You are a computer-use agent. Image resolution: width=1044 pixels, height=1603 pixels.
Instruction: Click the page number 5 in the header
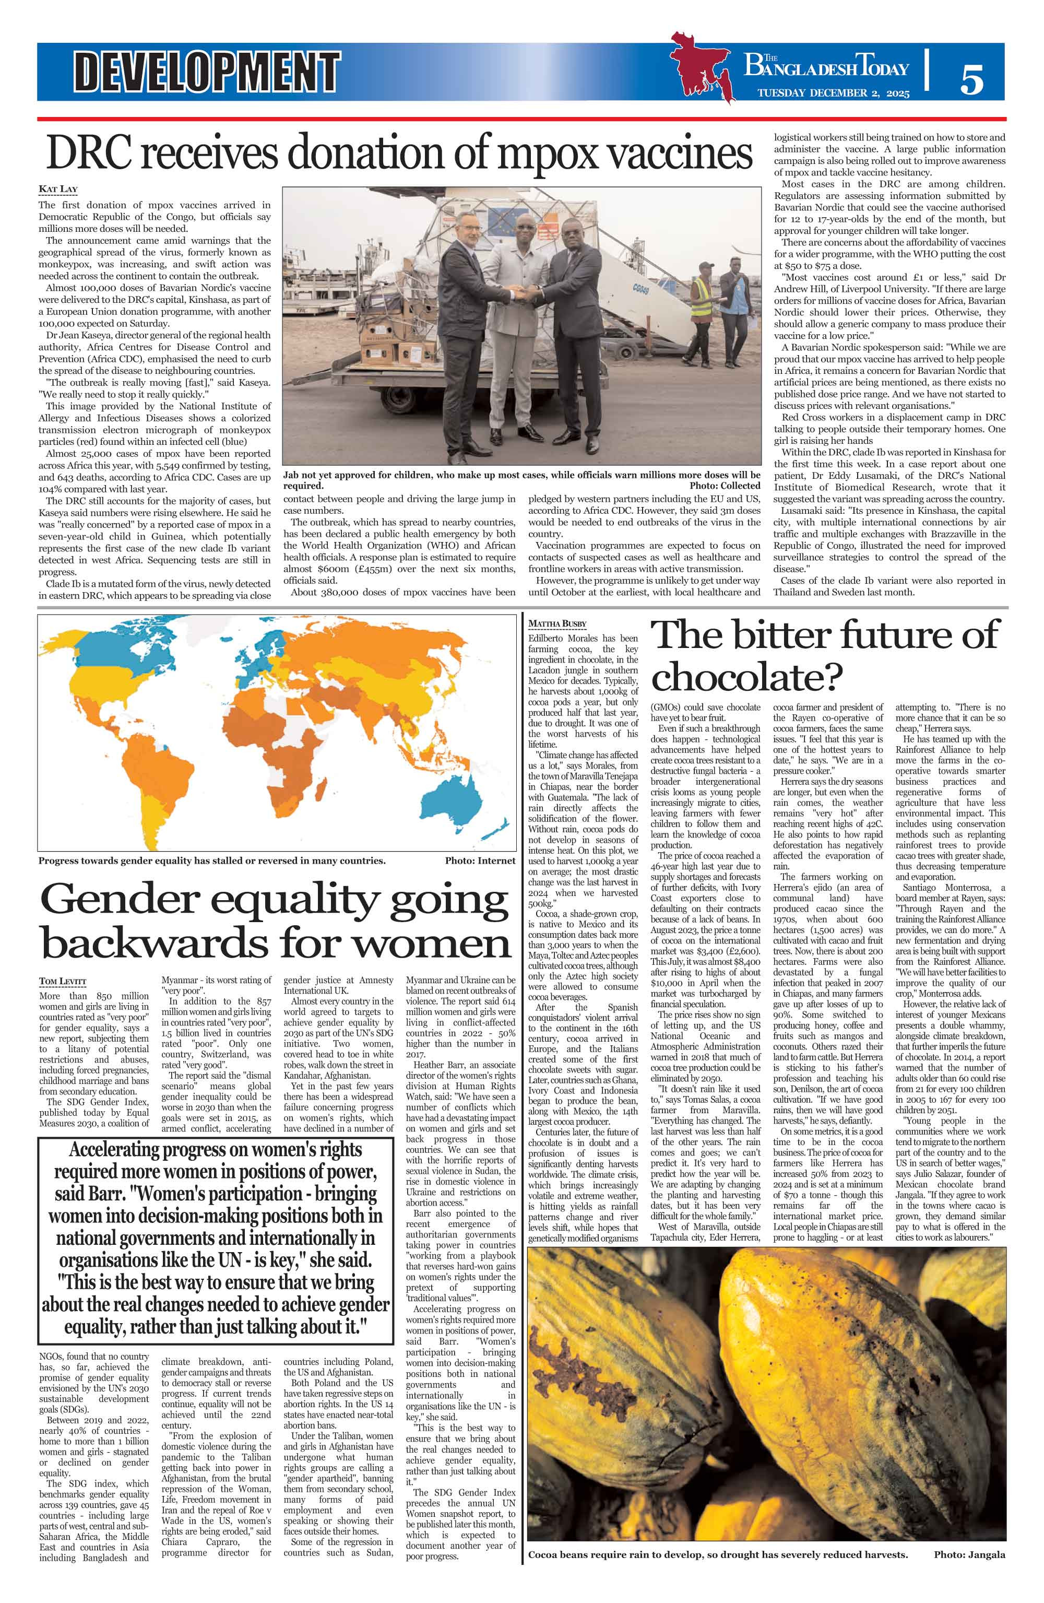971,79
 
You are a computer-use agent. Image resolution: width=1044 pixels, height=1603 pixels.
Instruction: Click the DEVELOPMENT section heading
207,72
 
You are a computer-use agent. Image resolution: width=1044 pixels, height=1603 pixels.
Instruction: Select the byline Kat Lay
58,188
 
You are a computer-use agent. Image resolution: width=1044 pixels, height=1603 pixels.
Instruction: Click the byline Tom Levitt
63,981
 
